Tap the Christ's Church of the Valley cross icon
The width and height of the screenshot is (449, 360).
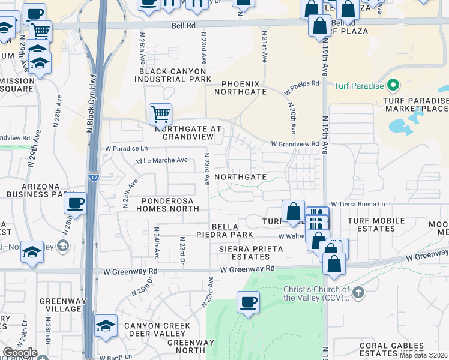click(358, 293)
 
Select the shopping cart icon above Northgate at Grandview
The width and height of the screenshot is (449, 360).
click(160, 113)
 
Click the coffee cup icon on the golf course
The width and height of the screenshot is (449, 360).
click(247, 301)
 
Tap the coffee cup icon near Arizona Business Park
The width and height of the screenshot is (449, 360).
click(76, 203)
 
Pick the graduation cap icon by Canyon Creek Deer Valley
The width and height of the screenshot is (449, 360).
click(106, 325)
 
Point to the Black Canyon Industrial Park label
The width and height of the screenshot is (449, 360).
click(175, 75)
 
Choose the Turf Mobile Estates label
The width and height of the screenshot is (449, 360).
click(376, 225)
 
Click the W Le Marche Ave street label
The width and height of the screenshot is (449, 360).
click(162, 161)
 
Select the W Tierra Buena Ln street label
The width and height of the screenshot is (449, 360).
click(358, 204)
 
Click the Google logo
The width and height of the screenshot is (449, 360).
click(20, 353)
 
